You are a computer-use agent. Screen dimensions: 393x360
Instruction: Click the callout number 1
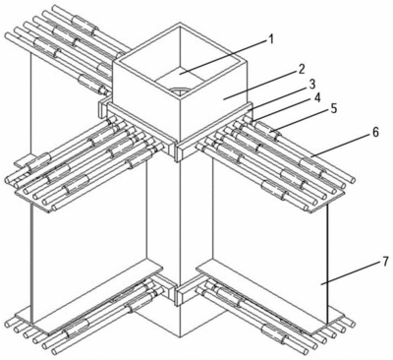(x=270, y=39)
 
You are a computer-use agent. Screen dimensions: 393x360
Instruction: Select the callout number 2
(x=302, y=69)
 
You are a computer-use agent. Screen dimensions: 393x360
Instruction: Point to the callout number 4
(x=317, y=97)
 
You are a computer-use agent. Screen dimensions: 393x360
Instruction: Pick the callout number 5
(x=333, y=108)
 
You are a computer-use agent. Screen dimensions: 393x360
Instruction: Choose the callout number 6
(x=375, y=132)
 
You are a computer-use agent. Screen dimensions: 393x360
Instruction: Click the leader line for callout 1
(x=224, y=57)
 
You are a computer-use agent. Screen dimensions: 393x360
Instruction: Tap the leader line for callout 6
(x=340, y=145)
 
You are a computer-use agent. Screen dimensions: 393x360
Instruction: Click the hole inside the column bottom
(x=179, y=90)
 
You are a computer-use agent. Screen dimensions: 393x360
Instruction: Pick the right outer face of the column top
(x=213, y=102)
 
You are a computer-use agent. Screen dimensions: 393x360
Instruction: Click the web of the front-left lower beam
(x=89, y=259)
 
